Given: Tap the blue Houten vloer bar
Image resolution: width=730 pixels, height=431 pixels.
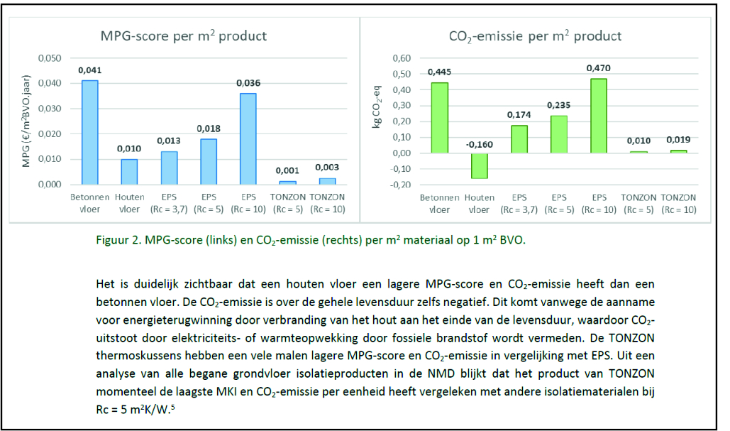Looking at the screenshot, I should pos(129,171).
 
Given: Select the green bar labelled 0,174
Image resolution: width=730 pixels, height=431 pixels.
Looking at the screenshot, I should pos(519,139).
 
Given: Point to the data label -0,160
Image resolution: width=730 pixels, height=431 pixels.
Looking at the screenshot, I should pos(480,144).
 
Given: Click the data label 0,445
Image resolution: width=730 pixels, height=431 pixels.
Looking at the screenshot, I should pos(440,72).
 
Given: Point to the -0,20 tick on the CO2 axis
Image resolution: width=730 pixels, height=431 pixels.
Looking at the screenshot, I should pos(402,185).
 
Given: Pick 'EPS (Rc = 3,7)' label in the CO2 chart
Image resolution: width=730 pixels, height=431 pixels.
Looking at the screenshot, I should pos(519,204).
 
